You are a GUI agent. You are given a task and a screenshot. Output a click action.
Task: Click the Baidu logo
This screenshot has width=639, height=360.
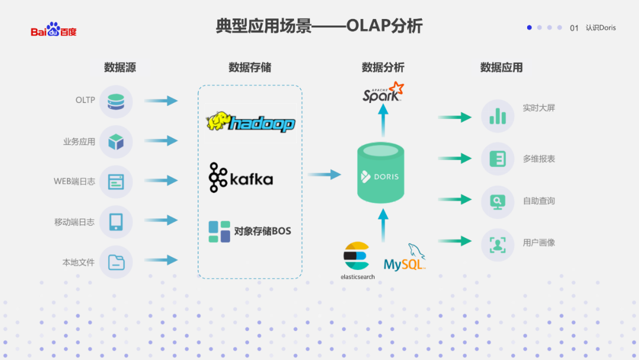click(x=54, y=30)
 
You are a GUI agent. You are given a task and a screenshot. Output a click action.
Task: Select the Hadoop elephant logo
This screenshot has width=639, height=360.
click(x=250, y=123)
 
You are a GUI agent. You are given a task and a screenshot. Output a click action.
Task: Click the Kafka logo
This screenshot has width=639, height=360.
click(x=241, y=178)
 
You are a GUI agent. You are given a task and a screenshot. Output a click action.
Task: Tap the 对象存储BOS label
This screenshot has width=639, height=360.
click(x=263, y=231)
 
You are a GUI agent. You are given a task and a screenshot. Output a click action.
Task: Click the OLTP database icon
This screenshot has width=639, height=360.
click(x=116, y=101)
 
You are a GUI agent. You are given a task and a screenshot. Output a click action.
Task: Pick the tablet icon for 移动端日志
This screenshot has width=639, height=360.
click(x=116, y=222)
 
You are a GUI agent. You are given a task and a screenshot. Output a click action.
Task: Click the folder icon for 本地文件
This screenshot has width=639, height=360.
click(x=116, y=262)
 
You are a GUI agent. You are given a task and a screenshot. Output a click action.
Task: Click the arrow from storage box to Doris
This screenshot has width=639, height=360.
click(x=324, y=174)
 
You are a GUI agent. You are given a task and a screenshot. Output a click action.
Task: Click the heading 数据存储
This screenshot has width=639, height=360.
click(x=250, y=67)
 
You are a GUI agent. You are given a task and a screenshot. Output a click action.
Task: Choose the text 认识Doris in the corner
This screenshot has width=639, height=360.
click(x=601, y=28)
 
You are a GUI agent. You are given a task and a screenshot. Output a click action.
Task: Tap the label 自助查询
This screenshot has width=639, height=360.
click(x=538, y=201)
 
